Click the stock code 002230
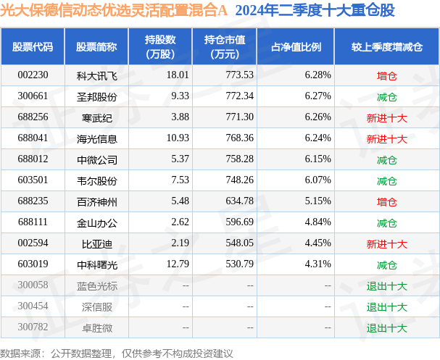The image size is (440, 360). coord(33,75)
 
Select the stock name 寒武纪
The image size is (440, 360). coord(96,117)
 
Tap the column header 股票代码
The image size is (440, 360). coord(33,47)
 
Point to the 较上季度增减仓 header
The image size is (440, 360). coord(386,47)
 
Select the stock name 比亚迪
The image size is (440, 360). coord(96,244)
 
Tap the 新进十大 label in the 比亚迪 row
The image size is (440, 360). coord(386,244)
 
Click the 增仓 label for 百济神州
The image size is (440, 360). coord(386,201)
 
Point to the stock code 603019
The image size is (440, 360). coord(33,265)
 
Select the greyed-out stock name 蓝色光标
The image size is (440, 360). coord(96,286)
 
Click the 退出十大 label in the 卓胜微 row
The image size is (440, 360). coord(386,328)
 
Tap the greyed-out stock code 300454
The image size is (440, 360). coord(33,307)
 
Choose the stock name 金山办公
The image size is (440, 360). coord(96,223)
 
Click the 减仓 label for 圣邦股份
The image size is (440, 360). coord(386,96)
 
